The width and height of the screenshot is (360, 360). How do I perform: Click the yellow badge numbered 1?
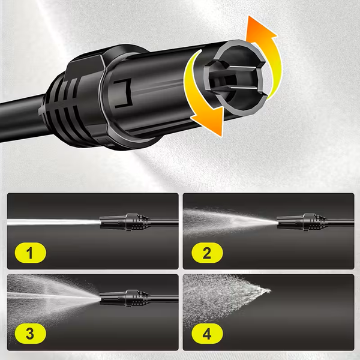(31, 253)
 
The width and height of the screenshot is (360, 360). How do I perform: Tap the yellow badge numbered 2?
(207, 253)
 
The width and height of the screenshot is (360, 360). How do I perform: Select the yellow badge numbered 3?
(31, 334)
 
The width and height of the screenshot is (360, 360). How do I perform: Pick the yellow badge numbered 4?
(207, 334)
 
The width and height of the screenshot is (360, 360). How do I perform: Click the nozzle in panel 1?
(125, 222)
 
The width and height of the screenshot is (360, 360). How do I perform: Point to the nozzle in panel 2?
(302, 222)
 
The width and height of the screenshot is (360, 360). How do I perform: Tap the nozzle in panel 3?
(125, 298)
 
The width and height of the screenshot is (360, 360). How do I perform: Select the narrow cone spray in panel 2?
(230, 222)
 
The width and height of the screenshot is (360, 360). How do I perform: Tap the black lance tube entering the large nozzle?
(22, 117)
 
